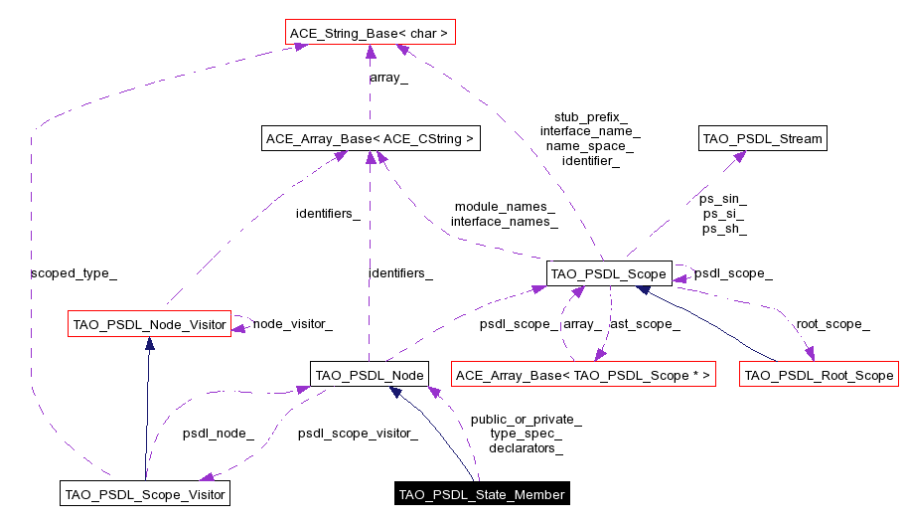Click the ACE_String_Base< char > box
click(x=370, y=34)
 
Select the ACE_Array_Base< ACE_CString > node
click(x=371, y=138)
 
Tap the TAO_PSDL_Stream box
click(x=762, y=138)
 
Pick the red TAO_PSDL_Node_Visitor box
click(x=149, y=323)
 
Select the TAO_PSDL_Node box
click(x=369, y=375)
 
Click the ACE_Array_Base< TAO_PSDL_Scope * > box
click(x=583, y=375)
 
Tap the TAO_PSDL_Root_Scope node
click(x=819, y=375)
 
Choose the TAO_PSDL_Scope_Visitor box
click(x=145, y=493)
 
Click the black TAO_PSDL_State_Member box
click(x=482, y=494)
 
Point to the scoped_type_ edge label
click(x=67, y=271)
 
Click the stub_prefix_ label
click(x=590, y=116)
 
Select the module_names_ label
click(x=505, y=207)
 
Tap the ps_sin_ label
click(x=723, y=199)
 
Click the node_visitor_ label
click(x=292, y=323)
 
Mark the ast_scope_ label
click(x=645, y=323)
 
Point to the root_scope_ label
click(x=832, y=323)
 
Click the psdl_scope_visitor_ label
click(x=344, y=434)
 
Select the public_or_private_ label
click(x=526, y=420)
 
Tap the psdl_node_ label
click(x=218, y=434)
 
